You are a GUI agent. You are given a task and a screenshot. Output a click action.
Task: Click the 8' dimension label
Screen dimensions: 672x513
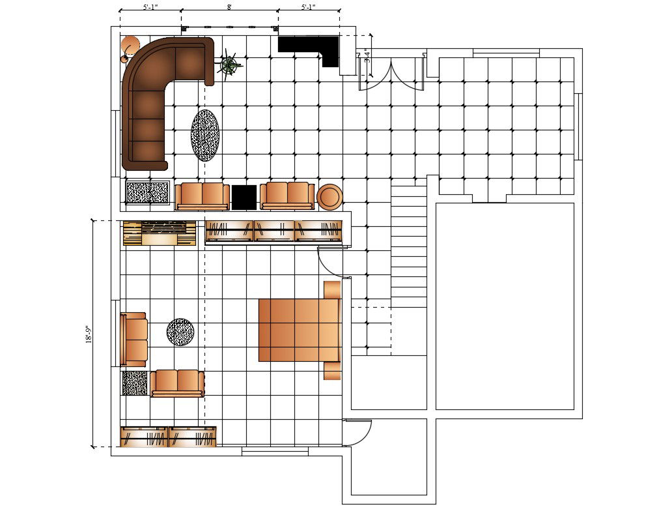pyautogui.click(x=229, y=7)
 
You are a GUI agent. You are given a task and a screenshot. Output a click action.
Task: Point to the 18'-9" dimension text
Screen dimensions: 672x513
pyautogui.click(x=89, y=334)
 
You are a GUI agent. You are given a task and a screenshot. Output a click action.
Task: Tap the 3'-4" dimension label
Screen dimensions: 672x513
pyautogui.click(x=367, y=56)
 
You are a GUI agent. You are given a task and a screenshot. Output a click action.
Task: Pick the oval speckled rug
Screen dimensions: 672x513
pyautogui.click(x=205, y=135)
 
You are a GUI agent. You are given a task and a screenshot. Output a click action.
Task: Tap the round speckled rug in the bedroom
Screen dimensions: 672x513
pyautogui.click(x=180, y=332)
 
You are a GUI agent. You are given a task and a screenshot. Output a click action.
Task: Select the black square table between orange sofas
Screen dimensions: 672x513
pyautogui.click(x=244, y=198)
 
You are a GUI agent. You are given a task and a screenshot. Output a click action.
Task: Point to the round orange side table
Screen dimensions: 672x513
pyautogui.click(x=329, y=197)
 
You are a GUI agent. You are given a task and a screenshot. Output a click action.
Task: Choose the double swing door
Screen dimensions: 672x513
pyautogui.click(x=391, y=75)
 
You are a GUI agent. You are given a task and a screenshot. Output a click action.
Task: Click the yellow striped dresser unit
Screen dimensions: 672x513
pyautogui.click(x=160, y=233)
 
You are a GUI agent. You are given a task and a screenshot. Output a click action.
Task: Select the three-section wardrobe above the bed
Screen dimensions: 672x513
pyautogui.click(x=274, y=231)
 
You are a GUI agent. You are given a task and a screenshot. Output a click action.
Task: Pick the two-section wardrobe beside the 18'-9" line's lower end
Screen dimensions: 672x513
pyautogui.click(x=168, y=437)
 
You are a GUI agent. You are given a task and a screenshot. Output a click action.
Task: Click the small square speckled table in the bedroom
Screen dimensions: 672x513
pyautogui.click(x=135, y=383)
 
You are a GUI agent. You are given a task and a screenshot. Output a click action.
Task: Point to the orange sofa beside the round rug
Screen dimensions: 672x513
pyautogui.click(x=134, y=340)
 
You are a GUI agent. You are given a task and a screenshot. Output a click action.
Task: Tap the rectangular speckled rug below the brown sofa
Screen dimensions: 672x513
pyautogui.click(x=147, y=192)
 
